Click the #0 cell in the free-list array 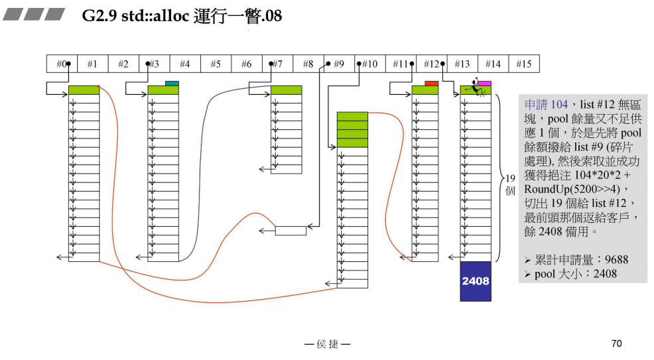(62, 64)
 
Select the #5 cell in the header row (216, 64)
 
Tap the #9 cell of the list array (338, 64)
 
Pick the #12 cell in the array (431, 64)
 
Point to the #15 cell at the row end (523, 64)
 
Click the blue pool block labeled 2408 (476, 281)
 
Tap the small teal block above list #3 (172, 83)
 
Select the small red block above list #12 (431, 83)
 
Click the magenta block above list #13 (485, 84)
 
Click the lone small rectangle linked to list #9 (291, 231)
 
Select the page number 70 (616, 343)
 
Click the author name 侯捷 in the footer (327, 344)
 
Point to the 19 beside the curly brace (510, 178)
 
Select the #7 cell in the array (277, 64)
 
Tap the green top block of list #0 (84, 90)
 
